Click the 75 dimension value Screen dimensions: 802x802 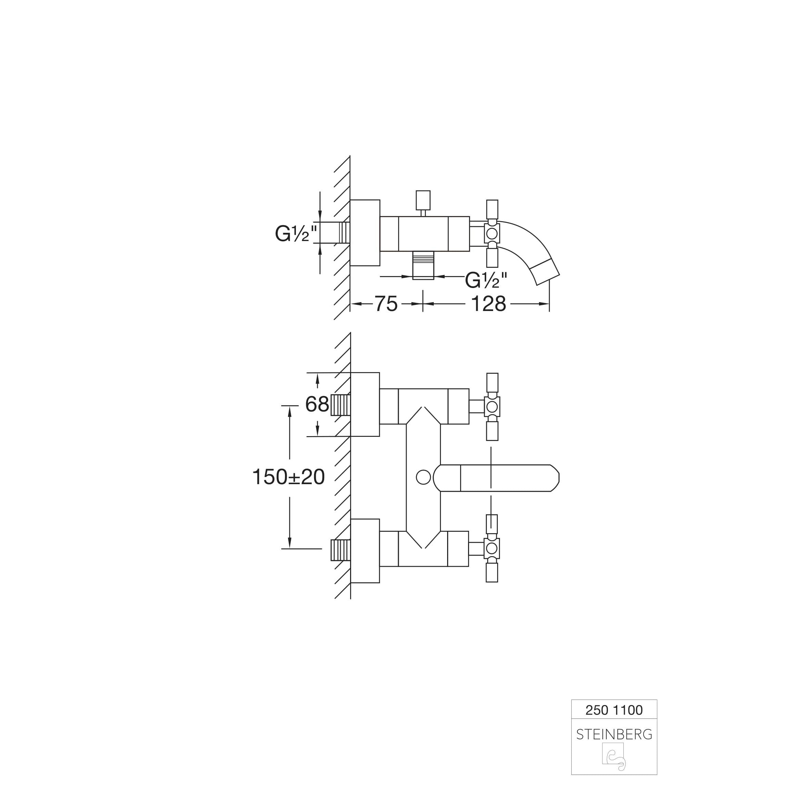(386, 304)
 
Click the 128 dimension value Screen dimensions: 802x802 (489, 304)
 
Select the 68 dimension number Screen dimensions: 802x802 (317, 404)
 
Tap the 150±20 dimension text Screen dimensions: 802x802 (288, 477)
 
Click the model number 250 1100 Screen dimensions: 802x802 (614, 710)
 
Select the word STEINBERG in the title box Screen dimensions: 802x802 (614, 735)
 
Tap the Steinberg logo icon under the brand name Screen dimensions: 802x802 (614, 757)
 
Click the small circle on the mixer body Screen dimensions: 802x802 (423, 477)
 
